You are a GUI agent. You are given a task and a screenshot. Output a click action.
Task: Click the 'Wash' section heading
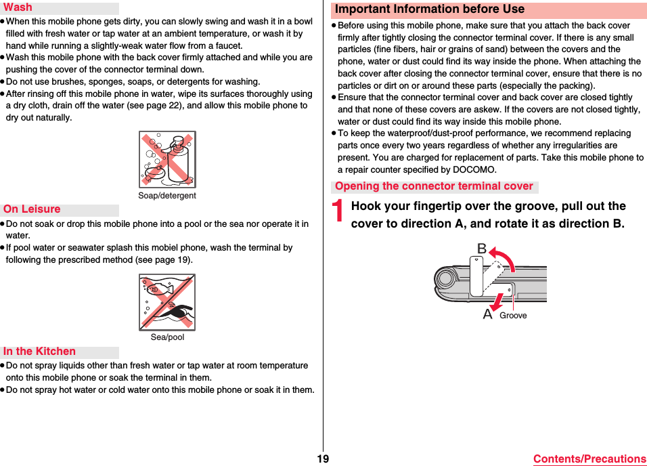point(18,7)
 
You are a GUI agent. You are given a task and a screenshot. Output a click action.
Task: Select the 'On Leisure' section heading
point(32,209)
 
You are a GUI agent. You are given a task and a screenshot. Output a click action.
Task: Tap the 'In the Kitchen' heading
point(39,351)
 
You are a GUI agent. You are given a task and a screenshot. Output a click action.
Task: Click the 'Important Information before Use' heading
point(430,9)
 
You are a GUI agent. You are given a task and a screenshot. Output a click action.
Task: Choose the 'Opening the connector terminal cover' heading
point(434,186)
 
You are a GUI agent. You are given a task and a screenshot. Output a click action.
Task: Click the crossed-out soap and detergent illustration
point(167,160)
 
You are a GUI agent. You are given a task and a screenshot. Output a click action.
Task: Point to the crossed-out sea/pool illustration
point(167,302)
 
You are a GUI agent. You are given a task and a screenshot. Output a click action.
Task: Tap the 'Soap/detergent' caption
point(167,196)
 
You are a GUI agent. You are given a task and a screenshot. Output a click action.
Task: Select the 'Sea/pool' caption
point(167,337)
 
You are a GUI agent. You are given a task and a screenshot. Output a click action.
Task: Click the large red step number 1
point(339,213)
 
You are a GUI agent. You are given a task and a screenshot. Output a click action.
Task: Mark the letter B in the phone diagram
point(482,249)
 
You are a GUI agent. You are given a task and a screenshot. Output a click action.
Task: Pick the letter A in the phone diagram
point(487,314)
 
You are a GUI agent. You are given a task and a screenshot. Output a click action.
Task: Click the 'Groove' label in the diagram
point(513,316)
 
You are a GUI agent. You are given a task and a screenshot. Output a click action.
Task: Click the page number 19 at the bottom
point(323,459)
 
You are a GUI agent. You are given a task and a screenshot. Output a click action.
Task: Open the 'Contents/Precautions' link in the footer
point(589,459)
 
